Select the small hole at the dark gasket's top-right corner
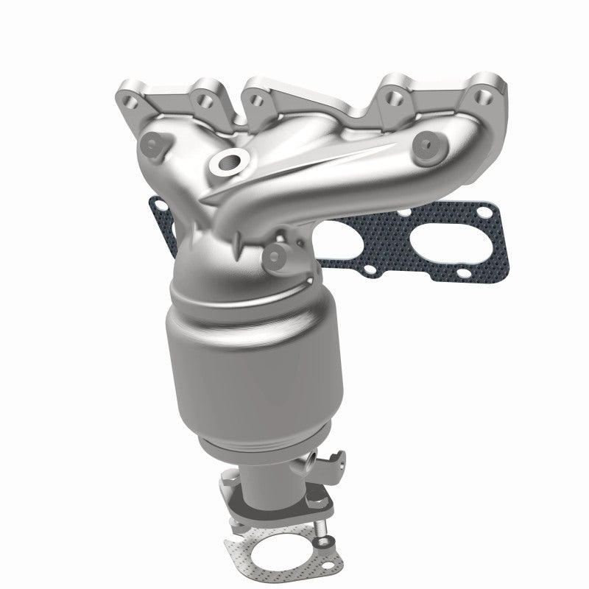(x=484, y=214)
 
